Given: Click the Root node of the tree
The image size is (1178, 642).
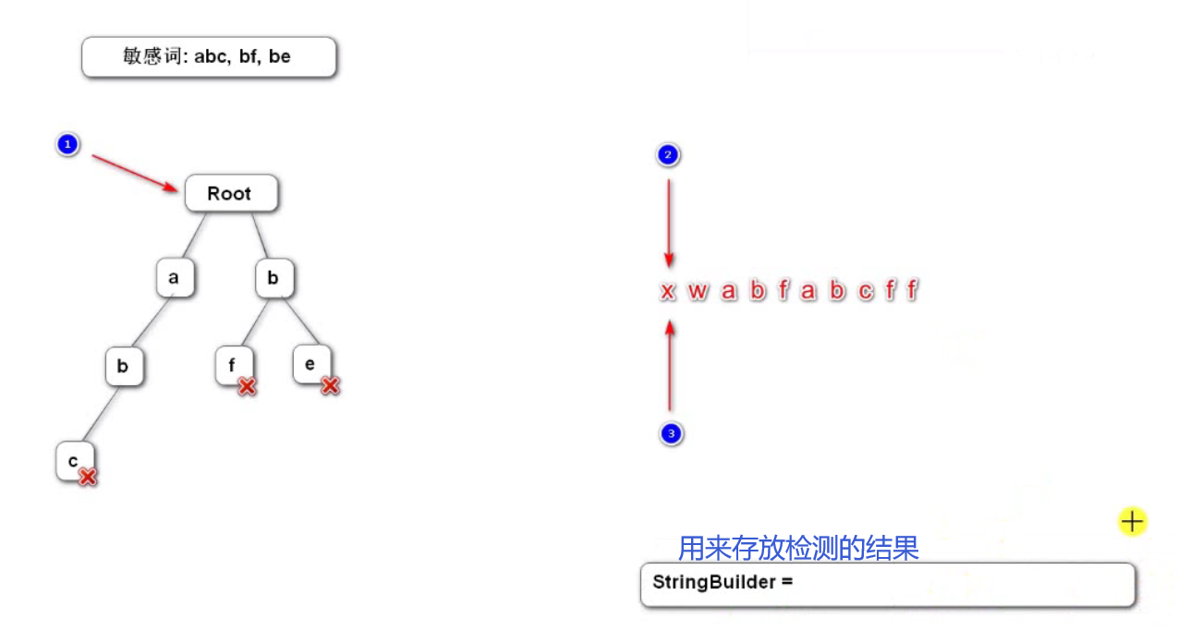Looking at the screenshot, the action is [230, 194].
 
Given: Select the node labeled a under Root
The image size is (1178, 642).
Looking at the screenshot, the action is [175, 278].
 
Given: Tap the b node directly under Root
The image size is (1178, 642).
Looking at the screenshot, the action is [273, 278].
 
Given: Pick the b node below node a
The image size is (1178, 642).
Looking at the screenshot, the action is [123, 367].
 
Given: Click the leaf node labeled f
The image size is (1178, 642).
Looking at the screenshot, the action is [231, 365].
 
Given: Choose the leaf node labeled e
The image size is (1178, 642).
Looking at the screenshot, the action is [310, 364].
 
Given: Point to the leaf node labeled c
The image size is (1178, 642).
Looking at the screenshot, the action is [73, 460].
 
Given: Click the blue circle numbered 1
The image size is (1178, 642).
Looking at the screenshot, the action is [67, 145].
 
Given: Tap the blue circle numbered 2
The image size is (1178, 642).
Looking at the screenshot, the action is [668, 155].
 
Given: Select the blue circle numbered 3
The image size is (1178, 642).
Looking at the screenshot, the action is [671, 433].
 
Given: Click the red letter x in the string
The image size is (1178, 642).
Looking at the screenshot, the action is [668, 292].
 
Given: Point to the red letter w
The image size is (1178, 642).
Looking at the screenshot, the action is [698, 292].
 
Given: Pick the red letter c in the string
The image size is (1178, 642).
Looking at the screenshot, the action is [865, 292].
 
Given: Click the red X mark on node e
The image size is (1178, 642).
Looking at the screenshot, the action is [330, 386].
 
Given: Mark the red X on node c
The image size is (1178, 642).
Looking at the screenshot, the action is [88, 477].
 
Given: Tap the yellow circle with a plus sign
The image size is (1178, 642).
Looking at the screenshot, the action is [1132, 522].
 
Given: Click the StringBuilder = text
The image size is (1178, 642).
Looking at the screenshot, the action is [723, 582].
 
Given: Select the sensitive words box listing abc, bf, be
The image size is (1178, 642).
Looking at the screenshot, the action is [208, 57].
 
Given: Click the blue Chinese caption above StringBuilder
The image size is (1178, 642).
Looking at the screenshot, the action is [798, 549].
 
